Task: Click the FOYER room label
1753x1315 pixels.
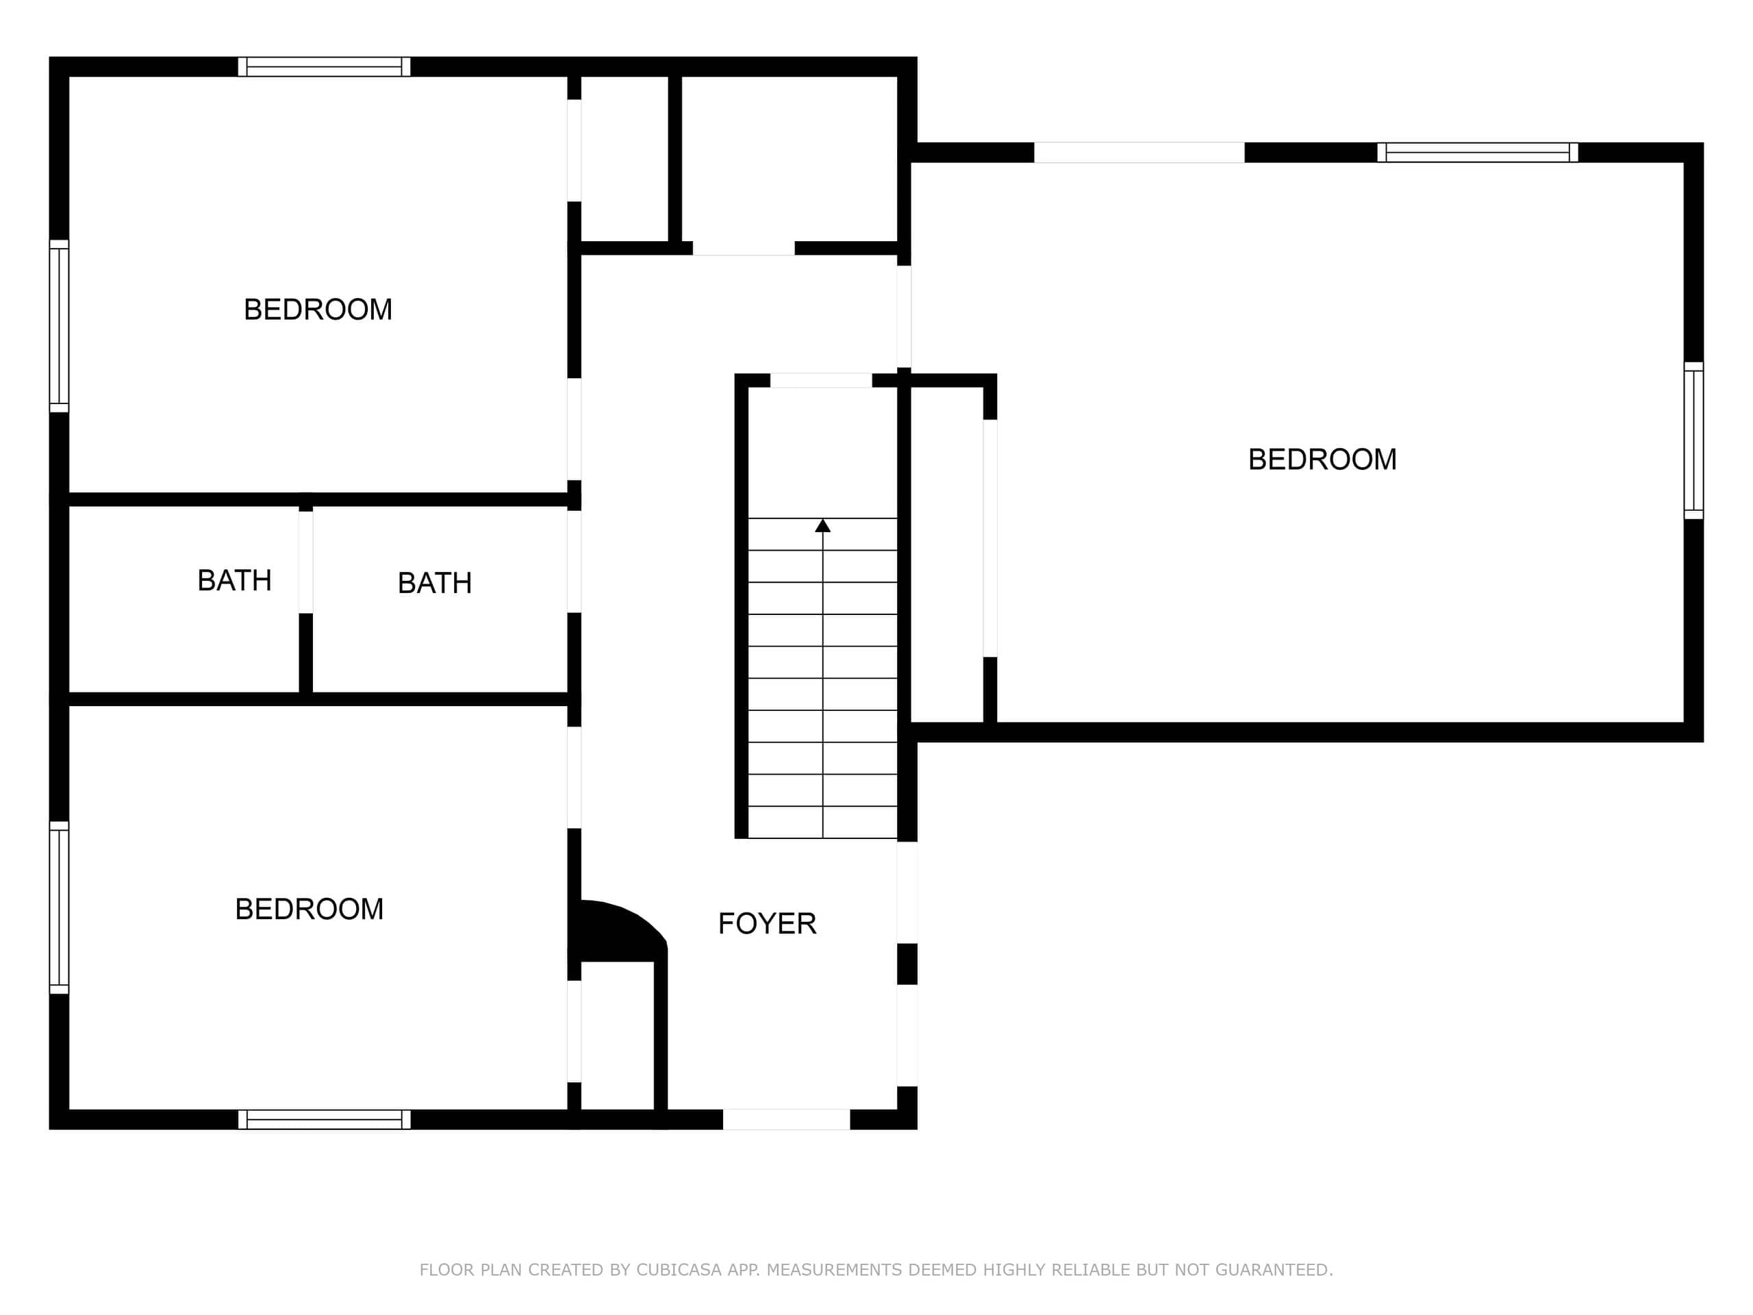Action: tap(767, 923)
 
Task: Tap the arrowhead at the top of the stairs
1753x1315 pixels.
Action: tap(822, 525)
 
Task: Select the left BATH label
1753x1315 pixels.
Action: tap(235, 580)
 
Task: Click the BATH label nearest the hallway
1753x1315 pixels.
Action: tap(435, 583)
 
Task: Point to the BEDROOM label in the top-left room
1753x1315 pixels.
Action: tap(318, 309)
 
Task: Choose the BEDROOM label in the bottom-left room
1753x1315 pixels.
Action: tap(309, 908)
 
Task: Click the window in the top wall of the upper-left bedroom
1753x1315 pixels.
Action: tap(324, 66)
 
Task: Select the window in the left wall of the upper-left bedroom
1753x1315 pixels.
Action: tap(60, 326)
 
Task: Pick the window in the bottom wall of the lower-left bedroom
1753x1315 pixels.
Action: tap(324, 1119)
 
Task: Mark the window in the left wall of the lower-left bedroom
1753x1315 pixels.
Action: tap(60, 907)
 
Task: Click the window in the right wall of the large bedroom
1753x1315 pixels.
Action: tap(1693, 440)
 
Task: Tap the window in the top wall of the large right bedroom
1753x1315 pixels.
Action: tap(1478, 152)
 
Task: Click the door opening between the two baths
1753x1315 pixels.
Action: tap(306, 562)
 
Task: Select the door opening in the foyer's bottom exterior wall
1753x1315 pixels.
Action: tap(786, 1119)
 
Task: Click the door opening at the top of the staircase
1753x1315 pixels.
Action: tap(821, 381)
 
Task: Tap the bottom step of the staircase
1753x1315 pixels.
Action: tap(822, 822)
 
